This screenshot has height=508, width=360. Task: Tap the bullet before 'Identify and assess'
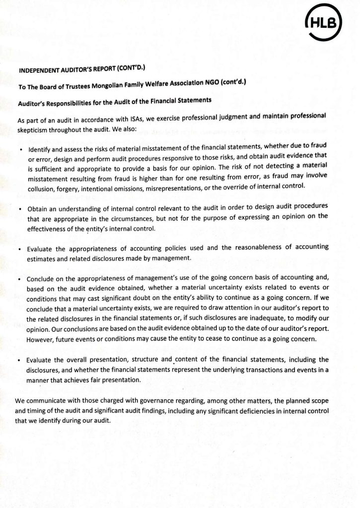click(x=20, y=150)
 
